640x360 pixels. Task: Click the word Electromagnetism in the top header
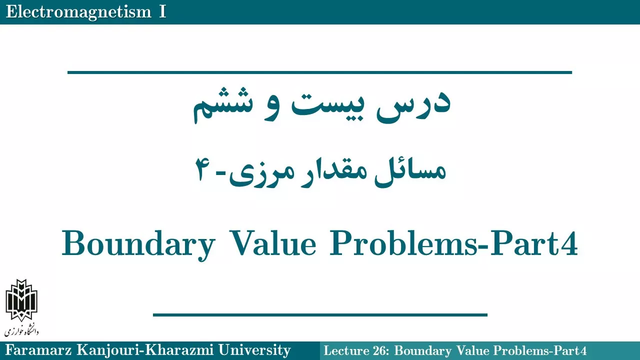coord(78,12)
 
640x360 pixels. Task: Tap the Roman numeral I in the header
coord(162,11)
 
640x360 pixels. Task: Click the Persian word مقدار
coord(332,171)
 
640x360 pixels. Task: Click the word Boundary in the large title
coord(138,245)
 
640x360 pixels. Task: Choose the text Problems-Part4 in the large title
coord(453,243)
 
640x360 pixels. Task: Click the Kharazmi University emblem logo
coord(21,300)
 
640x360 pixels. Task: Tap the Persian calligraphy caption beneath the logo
coord(21,330)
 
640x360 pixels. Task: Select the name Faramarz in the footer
coord(38,350)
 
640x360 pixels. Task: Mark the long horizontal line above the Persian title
coord(319,72)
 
